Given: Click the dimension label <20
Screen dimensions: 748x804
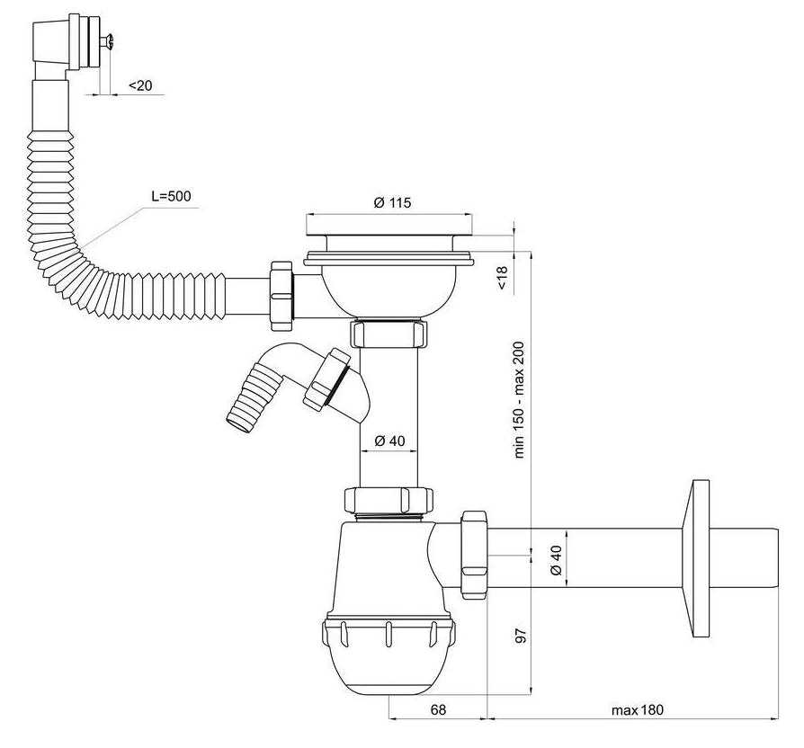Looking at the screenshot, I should (x=140, y=85).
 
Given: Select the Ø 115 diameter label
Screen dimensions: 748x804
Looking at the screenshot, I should (x=391, y=203).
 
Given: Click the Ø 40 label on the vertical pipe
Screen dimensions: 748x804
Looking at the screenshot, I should (x=391, y=441).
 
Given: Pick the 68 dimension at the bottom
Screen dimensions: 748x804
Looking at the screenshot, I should (x=438, y=710).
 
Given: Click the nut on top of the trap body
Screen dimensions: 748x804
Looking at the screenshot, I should (x=389, y=500).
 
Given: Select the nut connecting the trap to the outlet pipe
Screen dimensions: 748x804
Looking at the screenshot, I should (x=472, y=554).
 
